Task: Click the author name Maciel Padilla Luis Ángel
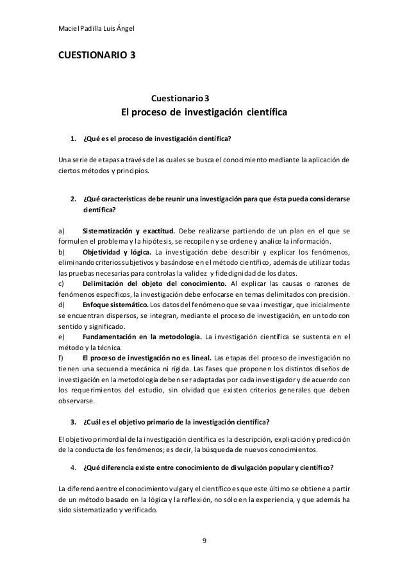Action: pyautogui.click(x=96, y=29)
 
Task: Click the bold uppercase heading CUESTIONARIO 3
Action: pyautogui.click(x=96, y=55)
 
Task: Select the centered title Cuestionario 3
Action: pyautogui.click(x=180, y=98)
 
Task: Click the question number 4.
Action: pyautogui.click(x=72, y=467)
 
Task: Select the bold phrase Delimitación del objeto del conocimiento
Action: pyautogui.click(x=154, y=283)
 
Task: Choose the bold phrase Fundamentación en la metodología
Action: pyautogui.click(x=142, y=336)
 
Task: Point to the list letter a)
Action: pyautogui.click(x=61, y=230)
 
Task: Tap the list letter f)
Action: pyautogui.click(x=60, y=357)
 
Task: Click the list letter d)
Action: pyautogui.click(x=61, y=305)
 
